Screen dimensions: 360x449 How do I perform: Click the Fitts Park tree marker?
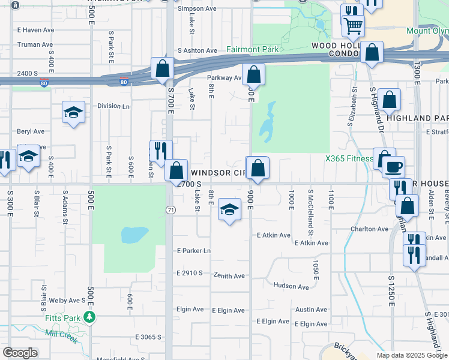point(89,316)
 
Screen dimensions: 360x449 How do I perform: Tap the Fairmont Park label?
point(253,49)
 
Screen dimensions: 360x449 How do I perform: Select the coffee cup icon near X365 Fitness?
point(393,166)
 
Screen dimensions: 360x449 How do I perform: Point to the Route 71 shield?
point(170,209)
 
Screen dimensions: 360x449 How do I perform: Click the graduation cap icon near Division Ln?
point(73,112)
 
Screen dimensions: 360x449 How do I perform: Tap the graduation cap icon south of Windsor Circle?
point(229,209)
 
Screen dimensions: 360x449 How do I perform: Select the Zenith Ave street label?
point(229,275)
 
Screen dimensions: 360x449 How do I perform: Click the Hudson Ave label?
point(291,287)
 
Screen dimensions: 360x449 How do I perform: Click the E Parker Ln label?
point(193,251)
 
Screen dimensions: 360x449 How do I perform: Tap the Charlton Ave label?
point(370,229)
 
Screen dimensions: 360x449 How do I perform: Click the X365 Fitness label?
point(349,159)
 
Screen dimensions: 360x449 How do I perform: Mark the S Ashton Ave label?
point(197,51)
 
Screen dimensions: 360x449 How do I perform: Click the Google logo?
point(20,353)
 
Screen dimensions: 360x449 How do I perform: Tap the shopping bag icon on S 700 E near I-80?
point(162,68)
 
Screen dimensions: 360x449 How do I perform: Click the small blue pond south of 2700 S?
point(135,234)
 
